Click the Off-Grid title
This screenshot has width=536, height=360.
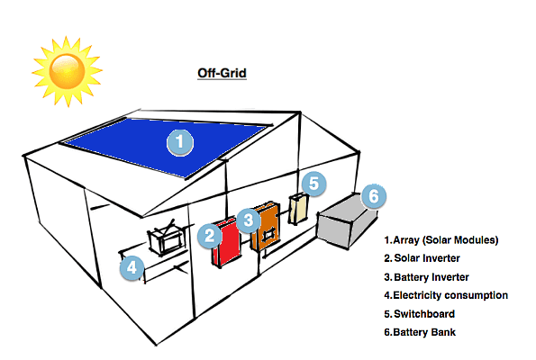[x=222, y=73]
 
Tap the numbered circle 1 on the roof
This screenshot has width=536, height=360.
[x=180, y=141]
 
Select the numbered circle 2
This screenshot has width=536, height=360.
[x=209, y=236]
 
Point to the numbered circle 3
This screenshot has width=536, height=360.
[x=250, y=217]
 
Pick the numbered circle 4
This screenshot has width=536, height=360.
[x=132, y=268]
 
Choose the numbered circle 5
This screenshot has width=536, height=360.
[x=313, y=184]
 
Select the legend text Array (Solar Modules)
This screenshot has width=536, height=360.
[x=441, y=240]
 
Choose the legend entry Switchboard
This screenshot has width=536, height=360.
[x=419, y=314]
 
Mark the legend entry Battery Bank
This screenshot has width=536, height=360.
[x=420, y=332]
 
